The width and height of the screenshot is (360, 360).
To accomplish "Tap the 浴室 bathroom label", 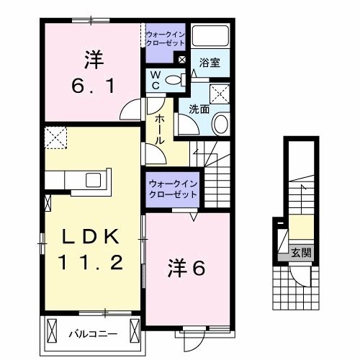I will click(x=210, y=63).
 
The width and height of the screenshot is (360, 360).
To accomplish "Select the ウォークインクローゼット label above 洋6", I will click(x=174, y=189).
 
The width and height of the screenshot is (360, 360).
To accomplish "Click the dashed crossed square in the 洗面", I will click(x=220, y=94).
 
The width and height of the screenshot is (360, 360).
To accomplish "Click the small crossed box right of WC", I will click(x=181, y=60).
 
